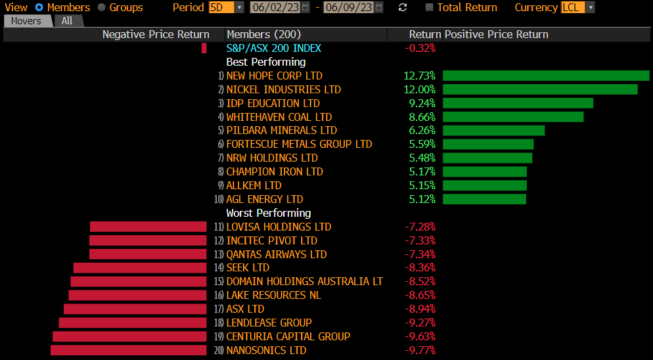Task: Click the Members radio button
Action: (x=39, y=7)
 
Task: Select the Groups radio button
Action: (x=101, y=7)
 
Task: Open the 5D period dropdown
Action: (x=226, y=7)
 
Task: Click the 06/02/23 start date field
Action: (x=276, y=7)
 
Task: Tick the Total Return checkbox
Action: (x=430, y=7)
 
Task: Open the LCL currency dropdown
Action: (x=577, y=7)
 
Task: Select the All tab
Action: (x=67, y=21)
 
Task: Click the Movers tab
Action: (x=26, y=21)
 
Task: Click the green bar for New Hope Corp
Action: (x=545, y=76)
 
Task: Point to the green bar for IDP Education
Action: (x=518, y=103)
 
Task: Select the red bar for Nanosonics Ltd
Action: (x=128, y=350)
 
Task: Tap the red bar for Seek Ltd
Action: (x=140, y=268)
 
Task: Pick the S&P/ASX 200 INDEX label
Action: (x=273, y=48)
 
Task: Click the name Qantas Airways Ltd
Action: (x=276, y=254)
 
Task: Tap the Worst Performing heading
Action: (x=268, y=213)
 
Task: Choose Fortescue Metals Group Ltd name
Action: (x=299, y=144)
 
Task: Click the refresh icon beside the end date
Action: (x=403, y=7)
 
